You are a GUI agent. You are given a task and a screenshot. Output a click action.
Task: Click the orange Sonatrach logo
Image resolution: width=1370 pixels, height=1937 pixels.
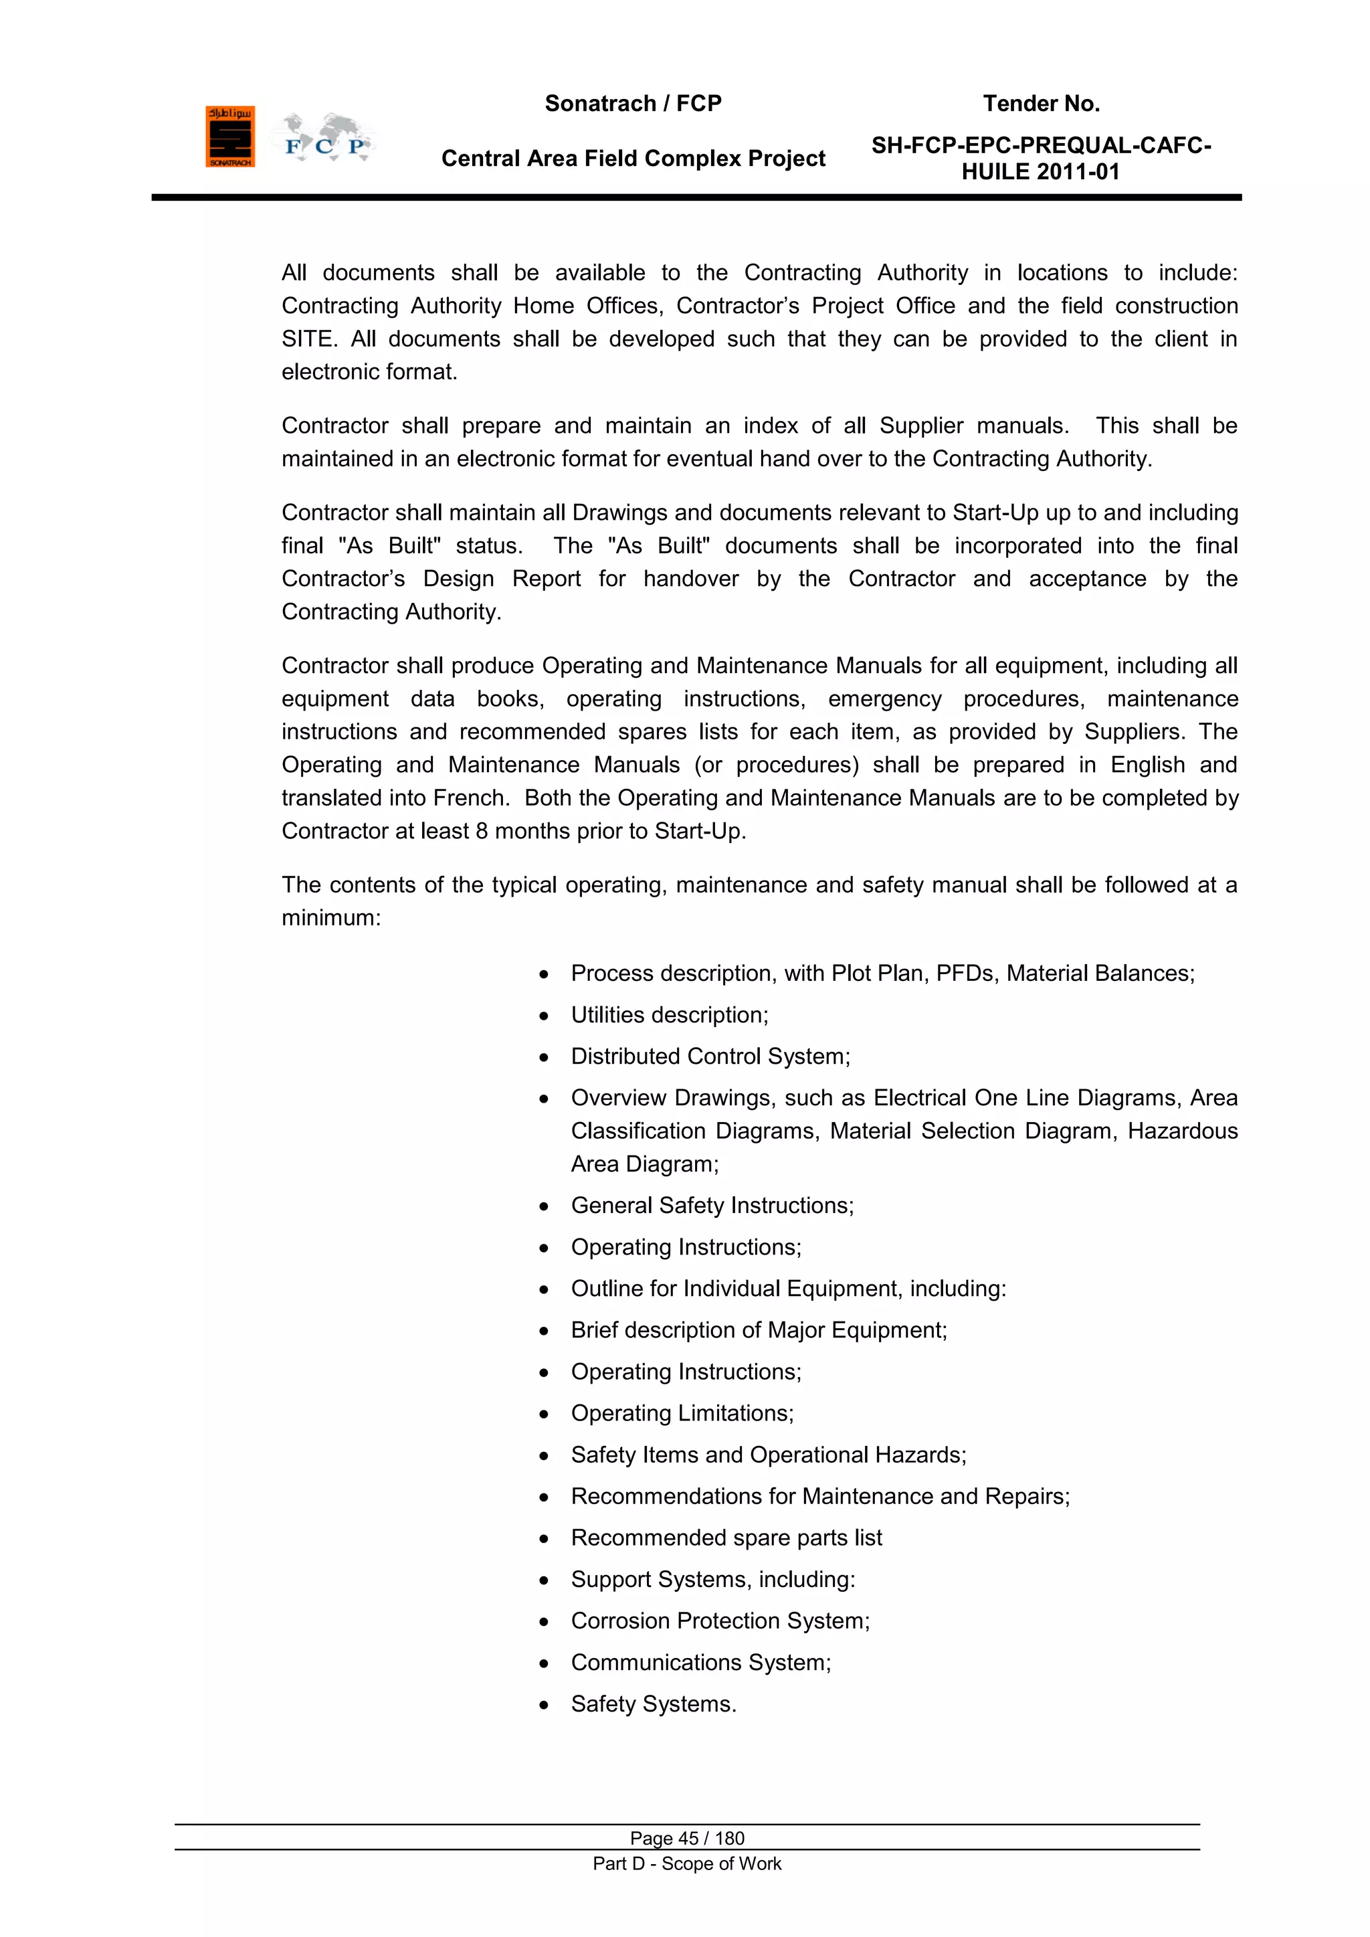tap(229, 136)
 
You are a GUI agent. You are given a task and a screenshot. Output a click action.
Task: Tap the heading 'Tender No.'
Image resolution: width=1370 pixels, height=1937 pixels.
tap(1041, 104)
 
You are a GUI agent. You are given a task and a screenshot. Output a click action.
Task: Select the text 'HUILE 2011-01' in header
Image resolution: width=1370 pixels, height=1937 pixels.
tap(1040, 172)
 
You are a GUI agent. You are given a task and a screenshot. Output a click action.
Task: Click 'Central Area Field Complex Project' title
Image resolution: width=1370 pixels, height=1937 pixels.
tap(633, 159)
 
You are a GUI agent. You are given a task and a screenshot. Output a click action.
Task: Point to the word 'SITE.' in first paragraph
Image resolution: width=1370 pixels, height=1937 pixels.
tap(310, 339)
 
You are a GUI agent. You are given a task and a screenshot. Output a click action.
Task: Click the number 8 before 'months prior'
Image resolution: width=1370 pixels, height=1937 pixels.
tap(482, 831)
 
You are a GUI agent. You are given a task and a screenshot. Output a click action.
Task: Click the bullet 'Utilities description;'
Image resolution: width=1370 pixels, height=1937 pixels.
tap(669, 1015)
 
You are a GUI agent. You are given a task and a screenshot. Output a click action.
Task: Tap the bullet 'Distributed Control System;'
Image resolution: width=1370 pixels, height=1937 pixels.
tap(710, 1056)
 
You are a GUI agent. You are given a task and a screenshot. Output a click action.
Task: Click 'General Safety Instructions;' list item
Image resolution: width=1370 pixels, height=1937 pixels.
tap(712, 1206)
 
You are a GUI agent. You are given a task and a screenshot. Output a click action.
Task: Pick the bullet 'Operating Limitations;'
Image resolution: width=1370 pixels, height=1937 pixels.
tap(682, 1413)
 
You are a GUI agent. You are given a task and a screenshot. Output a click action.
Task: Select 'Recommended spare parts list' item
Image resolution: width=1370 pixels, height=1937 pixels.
tap(726, 1538)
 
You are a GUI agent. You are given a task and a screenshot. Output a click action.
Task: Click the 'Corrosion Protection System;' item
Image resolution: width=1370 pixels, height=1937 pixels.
tap(720, 1621)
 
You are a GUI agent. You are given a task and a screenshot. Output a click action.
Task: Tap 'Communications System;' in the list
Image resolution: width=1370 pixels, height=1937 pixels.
tap(700, 1662)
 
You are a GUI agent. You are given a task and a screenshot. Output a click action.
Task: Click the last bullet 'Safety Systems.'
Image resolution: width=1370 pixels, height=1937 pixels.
tap(653, 1704)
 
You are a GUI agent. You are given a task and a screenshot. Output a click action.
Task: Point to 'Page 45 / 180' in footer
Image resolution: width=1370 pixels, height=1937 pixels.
tap(687, 1838)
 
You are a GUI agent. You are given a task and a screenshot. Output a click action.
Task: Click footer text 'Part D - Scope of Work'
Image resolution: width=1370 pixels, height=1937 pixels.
tap(687, 1863)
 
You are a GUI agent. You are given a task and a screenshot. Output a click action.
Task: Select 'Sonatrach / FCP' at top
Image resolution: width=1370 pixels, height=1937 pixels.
tap(633, 104)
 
